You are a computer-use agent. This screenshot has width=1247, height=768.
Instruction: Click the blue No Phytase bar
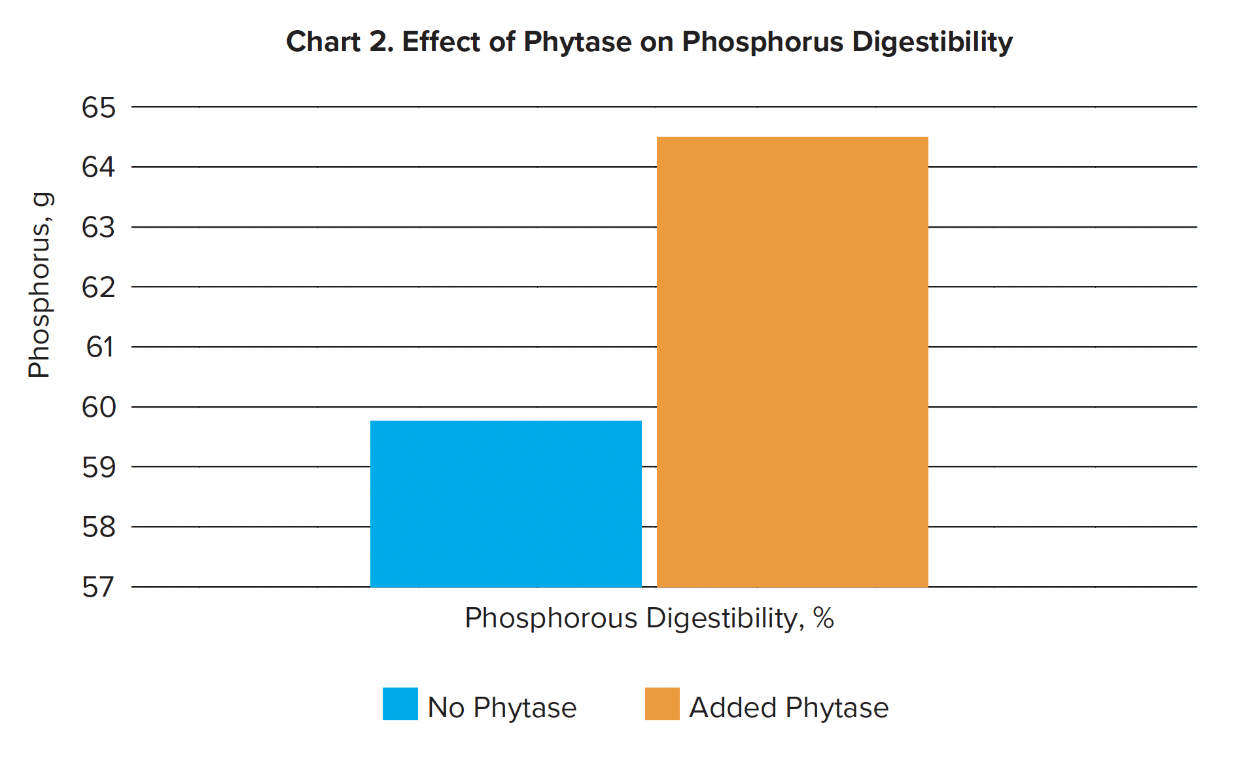click(x=506, y=504)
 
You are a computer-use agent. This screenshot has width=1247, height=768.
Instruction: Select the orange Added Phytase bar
click(x=792, y=362)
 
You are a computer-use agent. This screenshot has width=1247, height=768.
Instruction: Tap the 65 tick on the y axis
click(x=99, y=107)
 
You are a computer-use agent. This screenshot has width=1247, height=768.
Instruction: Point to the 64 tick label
click(x=99, y=167)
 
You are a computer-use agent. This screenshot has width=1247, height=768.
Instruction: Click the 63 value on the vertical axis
click(x=99, y=228)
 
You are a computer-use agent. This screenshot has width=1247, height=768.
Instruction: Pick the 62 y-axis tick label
click(x=99, y=287)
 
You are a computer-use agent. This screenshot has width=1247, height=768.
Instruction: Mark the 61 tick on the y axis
click(x=100, y=347)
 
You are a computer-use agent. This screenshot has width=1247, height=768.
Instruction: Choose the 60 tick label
click(x=99, y=408)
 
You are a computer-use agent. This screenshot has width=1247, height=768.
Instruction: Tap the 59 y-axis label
click(x=99, y=467)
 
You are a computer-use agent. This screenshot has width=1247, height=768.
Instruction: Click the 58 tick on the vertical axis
click(x=99, y=527)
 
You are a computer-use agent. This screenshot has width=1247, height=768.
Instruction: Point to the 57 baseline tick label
click(x=99, y=587)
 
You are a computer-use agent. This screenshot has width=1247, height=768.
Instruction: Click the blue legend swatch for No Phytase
click(x=400, y=704)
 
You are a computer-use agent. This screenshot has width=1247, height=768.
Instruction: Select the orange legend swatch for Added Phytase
click(x=662, y=704)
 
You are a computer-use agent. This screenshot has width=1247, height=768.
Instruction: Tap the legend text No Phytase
click(x=502, y=708)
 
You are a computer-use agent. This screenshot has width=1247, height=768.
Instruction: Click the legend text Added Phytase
click(x=789, y=708)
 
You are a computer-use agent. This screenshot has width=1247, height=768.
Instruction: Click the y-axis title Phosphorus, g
click(x=39, y=285)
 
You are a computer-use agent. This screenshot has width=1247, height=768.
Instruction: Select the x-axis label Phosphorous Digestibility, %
click(x=649, y=618)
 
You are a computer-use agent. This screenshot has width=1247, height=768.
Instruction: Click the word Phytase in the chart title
click(x=578, y=42)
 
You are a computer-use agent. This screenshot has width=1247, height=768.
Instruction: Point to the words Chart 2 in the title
click(x=340, y=42)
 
